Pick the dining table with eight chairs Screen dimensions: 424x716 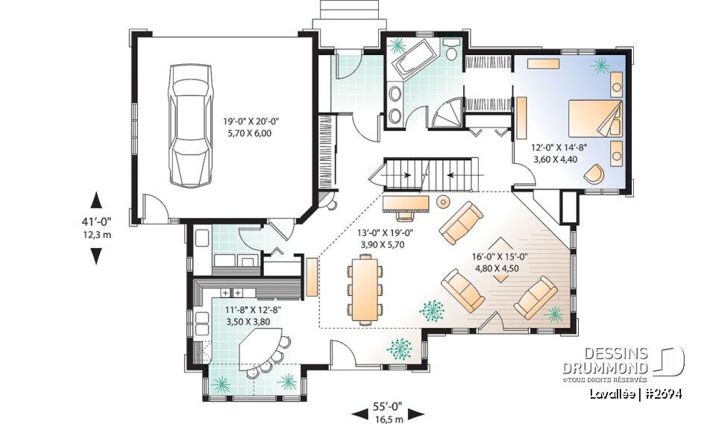(x=365, y=289)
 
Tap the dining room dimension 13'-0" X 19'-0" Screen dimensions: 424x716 (x=386, y=238)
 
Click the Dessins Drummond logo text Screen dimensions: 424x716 (x=616, y=361)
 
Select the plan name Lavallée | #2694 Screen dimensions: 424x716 (x=635, y=393)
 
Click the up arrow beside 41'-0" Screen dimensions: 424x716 (x=95, y=200)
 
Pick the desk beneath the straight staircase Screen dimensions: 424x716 (x=406, y=202)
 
